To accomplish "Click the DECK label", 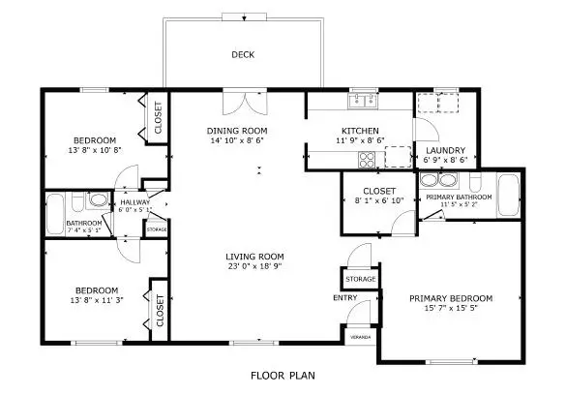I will point(242,55).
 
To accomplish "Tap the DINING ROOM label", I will point(237,131).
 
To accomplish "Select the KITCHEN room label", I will point(360,131).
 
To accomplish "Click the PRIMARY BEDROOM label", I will point(451,297).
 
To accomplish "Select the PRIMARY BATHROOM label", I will point(460,197).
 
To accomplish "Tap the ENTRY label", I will point(344,297).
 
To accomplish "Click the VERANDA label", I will point(360,336).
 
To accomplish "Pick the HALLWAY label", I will point(135,201).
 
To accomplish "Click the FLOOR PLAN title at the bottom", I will point(283,375).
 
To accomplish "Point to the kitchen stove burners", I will point(368,160).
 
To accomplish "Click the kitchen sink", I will point(364,98).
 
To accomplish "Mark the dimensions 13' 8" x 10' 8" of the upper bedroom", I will point(95,150).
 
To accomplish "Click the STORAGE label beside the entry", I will point(361,279).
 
